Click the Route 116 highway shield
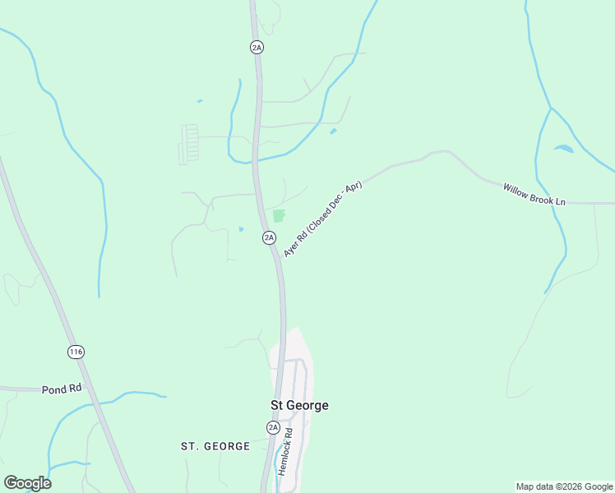[x=76, y=352]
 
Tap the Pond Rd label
[x=62, y=389]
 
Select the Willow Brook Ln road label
[x=535, y=195]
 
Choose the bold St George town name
[x=299, y=406]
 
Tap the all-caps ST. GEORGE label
[x=215, y=446]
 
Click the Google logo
[x=27, y=483]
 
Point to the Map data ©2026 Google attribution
[x=565, y=486]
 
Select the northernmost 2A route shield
[x=257, y=48]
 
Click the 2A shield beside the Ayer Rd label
[x=269, y=237]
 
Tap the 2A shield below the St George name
[x=273, y=427]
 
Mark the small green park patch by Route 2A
[x=278, y=216]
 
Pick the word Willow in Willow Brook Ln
[x=516, y=190]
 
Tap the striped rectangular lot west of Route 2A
[x=189, y=143]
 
